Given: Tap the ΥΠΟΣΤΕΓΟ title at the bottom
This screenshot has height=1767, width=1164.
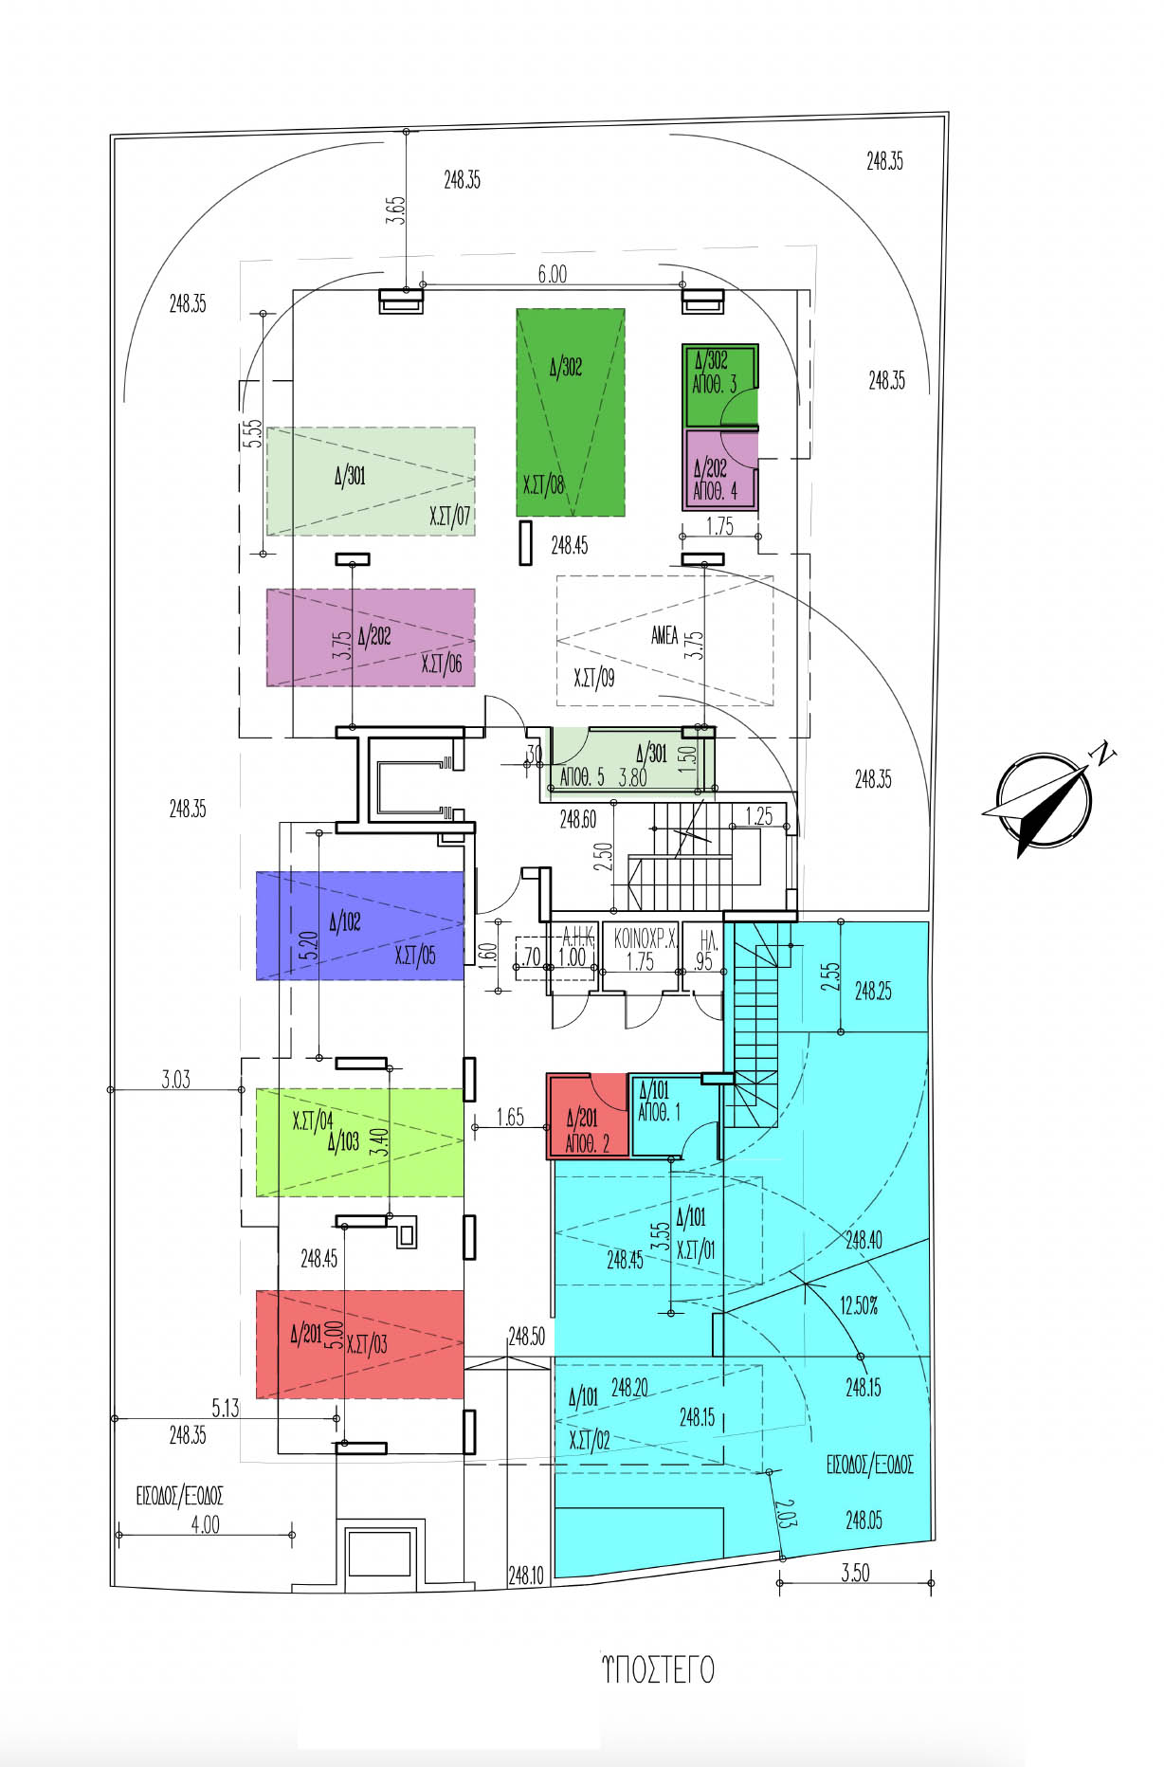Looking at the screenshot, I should pos(659,1669).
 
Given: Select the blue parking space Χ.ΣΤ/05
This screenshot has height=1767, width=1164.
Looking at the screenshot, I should pos(360,925).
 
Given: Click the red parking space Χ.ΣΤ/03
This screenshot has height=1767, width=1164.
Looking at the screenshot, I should pos(360,1343).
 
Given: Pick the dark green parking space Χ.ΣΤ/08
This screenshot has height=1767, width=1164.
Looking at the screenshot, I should pos(571,412).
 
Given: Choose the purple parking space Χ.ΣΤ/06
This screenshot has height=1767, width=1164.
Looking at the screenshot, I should pos(371,637).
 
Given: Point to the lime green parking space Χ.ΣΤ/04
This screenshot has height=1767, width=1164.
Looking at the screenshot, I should pos(360,1141).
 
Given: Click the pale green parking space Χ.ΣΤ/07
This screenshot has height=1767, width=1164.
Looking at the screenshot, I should pos(371,482).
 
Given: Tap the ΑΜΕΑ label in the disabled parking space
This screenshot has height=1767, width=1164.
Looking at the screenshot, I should pos(664,635).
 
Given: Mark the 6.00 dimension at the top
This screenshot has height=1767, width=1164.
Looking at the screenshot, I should pos(552,274).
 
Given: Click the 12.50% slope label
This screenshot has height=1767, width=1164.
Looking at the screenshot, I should pos(858,1306).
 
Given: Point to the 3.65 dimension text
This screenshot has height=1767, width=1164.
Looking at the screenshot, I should pos(395,209).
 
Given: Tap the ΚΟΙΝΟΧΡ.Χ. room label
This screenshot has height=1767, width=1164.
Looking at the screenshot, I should pos(645,939).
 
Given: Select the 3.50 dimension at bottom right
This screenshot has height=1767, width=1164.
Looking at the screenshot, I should pos(854,1573).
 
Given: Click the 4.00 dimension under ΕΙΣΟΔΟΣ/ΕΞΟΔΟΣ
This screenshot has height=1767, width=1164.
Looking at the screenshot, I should pos(205,1524).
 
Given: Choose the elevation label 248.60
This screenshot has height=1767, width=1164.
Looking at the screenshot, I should pos(577,819).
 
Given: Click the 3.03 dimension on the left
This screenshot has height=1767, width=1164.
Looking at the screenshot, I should pos(175,1079).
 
